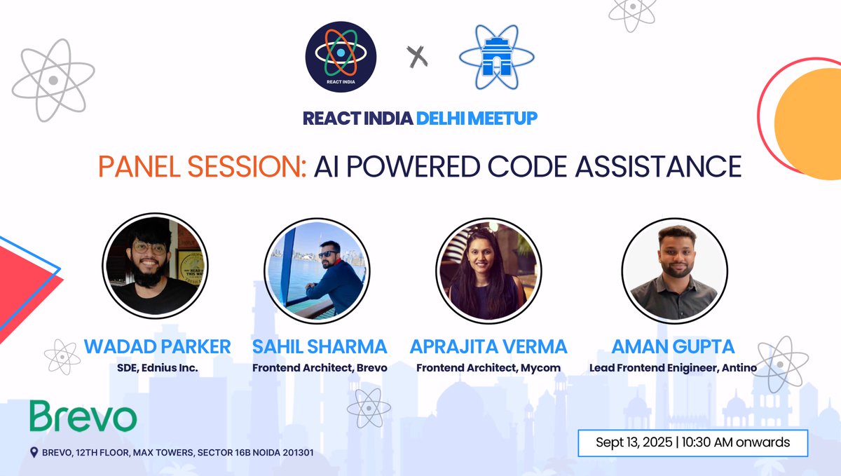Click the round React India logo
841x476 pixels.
[341, 57]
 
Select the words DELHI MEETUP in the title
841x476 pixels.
[477, 118]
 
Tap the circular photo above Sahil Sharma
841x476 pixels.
[317, 266]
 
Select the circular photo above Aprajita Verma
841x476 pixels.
[488, 266]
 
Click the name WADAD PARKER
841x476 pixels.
[157, 346]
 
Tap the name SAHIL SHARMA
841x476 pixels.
[320, 346]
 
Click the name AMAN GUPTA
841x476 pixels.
[673, 346]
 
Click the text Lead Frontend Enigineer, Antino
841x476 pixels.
[673, 368]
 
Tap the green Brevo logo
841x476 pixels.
[83, 417]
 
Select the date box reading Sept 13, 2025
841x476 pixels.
[692, 443]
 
